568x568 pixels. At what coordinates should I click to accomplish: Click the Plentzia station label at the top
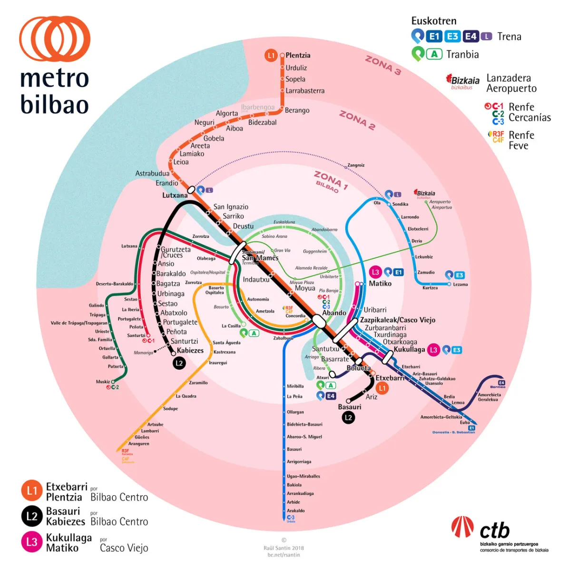click(x=298, y=55)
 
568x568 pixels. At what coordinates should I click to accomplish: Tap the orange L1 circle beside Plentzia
click(x=271, y=55)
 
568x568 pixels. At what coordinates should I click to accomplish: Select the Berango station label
click(x=297, y=110)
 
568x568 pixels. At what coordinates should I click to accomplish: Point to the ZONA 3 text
click(x=383, y=65)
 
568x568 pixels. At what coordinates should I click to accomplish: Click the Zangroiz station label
click(x=356, y=165)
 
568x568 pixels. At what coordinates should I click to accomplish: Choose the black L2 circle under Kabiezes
click(x=179, y=363)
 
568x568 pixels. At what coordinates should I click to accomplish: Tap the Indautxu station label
click(x=256, y=280)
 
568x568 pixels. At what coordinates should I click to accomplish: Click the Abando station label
click(x=334, y=313)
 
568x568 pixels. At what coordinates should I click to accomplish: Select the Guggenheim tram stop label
click(x=315, y=251)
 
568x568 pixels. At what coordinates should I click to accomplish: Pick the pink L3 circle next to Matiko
click(x=375, y=272)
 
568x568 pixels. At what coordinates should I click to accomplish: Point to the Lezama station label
click(x=460, y=284)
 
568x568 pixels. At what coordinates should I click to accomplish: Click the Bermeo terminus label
click(x=498, y=387)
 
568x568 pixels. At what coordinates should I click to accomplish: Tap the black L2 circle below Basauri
click(x=348, y=418)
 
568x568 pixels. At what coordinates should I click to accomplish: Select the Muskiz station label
click(x=103, y=382)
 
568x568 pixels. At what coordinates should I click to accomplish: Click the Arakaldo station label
click(x=295, y=510)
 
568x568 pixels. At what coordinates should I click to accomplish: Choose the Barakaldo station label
click(x=171, y=274)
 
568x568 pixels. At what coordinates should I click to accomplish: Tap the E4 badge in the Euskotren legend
click(x=470, y=37)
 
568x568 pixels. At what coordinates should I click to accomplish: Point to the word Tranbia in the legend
click(x=462, y=54)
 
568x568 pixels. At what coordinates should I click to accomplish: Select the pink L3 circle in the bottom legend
click(x=31, y=542)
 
